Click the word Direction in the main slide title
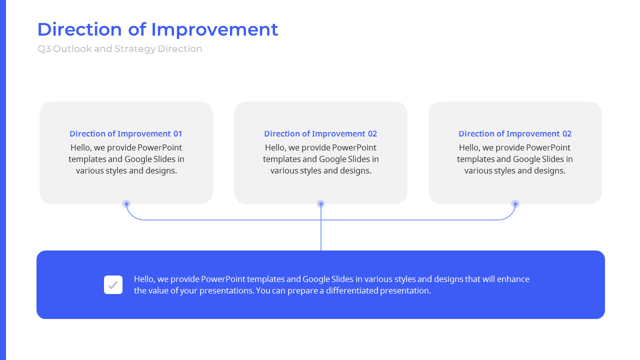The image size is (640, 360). tap(79, 29)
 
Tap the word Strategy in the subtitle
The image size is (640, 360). tap(134, 49)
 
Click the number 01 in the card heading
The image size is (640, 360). tap(177, 133)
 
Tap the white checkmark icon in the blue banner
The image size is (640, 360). tap(113, 285)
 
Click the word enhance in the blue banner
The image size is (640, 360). tap(513, 279)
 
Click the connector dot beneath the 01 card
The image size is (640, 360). tap(126, 204)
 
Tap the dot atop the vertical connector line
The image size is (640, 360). tap(321, 204)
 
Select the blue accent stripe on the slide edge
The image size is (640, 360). tap(2, 180)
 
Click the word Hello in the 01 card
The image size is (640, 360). tap(81, 147)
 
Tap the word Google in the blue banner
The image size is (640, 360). tap(316, 279)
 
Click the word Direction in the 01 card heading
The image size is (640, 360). tap(88, 133)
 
